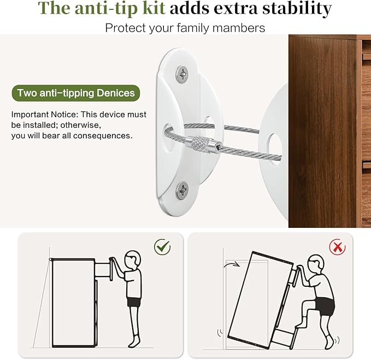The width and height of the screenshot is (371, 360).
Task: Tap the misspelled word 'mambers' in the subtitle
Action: (238, 28)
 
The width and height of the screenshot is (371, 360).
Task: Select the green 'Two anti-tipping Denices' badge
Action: (76, 93)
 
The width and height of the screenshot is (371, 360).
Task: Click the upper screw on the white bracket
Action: (182, 74)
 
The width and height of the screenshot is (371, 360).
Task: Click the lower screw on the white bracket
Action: (182, 190)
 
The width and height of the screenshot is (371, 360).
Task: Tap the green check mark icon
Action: (162, 247)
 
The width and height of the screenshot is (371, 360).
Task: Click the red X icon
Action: (337, 247)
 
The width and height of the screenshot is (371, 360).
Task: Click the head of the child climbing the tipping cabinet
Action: (316, 264)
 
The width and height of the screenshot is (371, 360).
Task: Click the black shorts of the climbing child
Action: (325, 306)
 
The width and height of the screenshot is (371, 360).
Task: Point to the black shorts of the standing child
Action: (134, 302)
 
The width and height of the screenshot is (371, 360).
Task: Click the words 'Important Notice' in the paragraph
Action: (44, 115)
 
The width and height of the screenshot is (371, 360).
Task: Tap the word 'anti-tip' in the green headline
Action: (108, 8)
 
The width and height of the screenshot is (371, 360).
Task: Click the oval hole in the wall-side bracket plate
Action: (168, 138)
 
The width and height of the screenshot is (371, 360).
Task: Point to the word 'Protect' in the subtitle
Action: (126, 28)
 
